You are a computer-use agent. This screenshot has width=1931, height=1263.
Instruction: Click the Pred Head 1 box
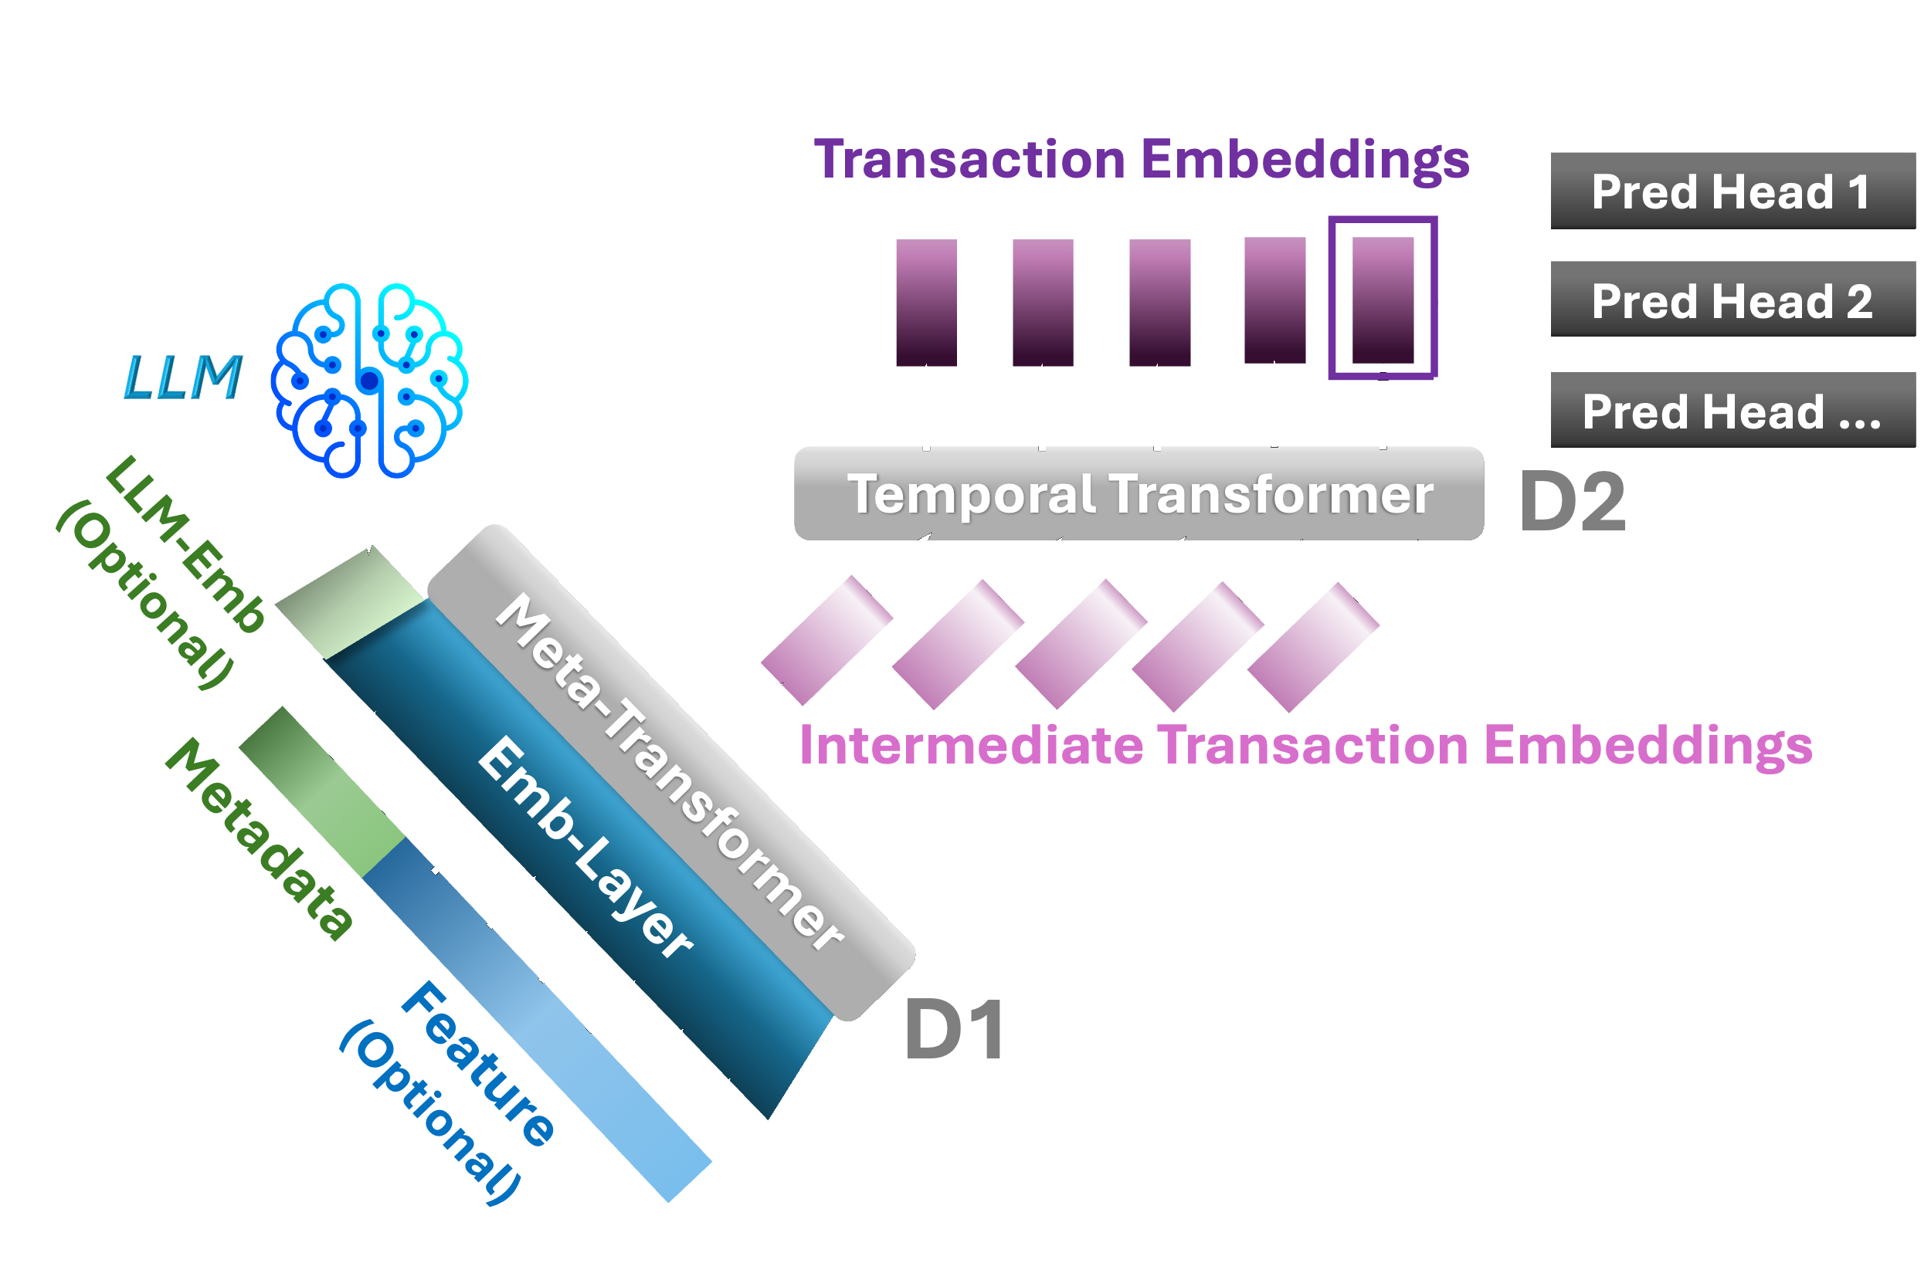(1732, 191)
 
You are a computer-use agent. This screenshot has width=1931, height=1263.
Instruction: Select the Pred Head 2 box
(1732, 300)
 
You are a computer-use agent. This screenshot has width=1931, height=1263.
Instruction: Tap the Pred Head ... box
(1732, 411)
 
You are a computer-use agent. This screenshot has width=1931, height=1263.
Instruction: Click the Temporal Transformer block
(1139, 494)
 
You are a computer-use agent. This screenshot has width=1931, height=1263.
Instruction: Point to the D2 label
(1572, 503)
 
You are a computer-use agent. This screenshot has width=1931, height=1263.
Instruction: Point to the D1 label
(954, 1030)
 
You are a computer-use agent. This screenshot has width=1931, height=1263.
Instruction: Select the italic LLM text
(183, 378)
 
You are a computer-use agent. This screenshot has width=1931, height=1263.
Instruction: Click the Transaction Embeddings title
(1141, 159)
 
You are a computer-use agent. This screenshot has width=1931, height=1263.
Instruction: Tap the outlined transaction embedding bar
(1382, 299)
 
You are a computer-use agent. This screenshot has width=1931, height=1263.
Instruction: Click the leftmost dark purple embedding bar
(926, 303)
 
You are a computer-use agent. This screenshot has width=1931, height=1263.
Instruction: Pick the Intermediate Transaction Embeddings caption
(1305, 745)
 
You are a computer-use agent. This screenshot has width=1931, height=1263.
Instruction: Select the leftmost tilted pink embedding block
(826, 640)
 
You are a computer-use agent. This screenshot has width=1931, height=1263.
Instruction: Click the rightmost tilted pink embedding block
(1312, 646)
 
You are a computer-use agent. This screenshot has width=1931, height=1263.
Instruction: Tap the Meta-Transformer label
(670, 771)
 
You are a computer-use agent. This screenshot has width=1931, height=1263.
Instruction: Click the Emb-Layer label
(584, 848)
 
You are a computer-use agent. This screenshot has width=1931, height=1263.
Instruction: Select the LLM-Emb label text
(185, 544)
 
